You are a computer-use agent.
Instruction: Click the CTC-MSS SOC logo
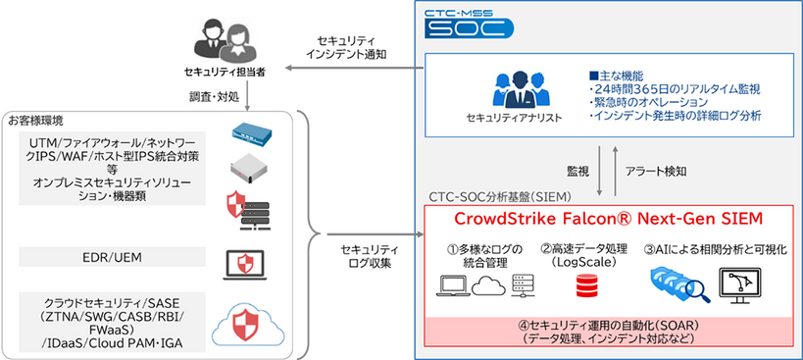(x=468, y=23)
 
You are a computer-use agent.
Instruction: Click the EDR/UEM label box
(x=115, y=257)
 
